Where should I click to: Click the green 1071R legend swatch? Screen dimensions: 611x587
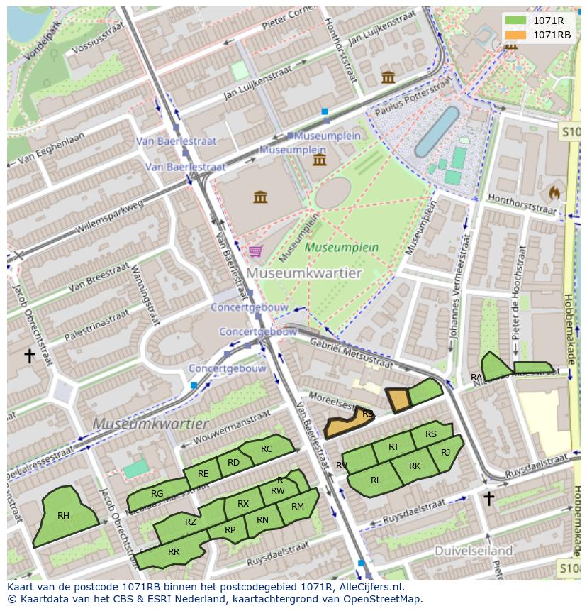pos(517,21)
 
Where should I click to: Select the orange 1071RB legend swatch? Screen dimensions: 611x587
pos(517,35)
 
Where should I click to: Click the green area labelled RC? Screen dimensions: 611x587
pos(267,448)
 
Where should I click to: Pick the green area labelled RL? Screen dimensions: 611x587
pos(376,480)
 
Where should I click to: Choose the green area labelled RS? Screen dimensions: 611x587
pos(431,434)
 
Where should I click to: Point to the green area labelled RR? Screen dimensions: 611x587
pos(173,551)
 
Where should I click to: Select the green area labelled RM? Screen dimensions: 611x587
pos(298,507)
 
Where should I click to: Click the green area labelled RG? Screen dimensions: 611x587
pos(157,493)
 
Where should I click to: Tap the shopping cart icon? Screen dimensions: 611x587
pos(255,251)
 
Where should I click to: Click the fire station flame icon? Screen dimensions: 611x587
pos(554,192)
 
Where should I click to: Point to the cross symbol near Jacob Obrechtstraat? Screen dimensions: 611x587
pos(30,356)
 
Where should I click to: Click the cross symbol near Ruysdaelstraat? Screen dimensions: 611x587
pos(488,499)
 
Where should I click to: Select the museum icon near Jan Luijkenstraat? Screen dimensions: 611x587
pos(388,77)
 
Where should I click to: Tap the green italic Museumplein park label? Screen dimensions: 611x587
pos(342,248)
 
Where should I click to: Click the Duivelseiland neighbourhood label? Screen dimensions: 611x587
pos(474,551)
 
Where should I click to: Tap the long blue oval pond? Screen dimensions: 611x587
pos(437,131)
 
